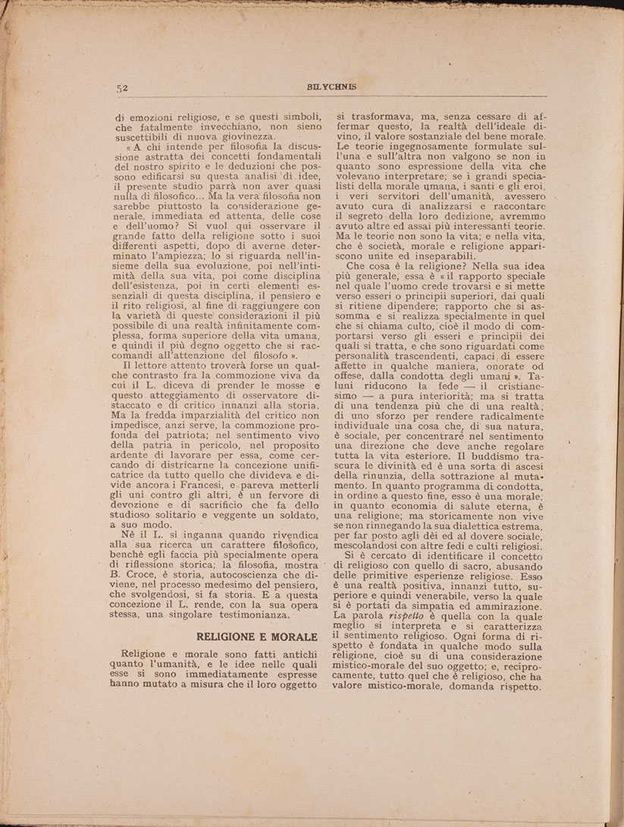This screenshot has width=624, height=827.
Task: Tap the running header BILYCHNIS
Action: click(x=324, y=86)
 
